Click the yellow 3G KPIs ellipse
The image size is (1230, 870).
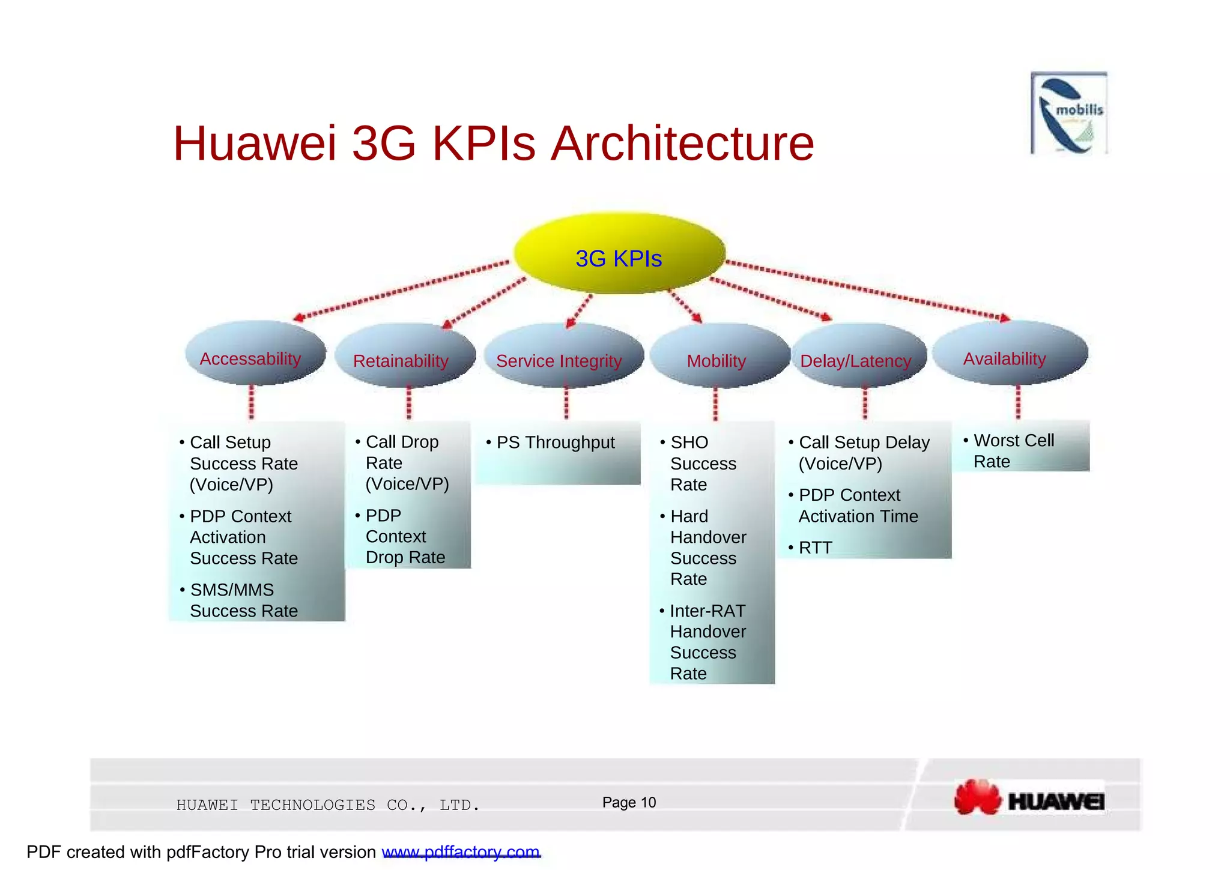point(619,253)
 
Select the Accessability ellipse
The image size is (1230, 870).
point(255,354)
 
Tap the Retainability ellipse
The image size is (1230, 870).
point(404,356)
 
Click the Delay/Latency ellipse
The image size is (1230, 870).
point(858,356)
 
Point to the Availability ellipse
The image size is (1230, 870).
point(1010,354)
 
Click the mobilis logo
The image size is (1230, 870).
point(1069,113)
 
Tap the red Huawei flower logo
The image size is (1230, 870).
point(978,797)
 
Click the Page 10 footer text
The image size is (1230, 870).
point(629,803)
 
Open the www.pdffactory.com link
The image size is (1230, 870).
point(461,852)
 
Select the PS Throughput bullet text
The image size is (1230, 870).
point(556,443)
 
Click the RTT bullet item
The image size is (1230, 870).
point(815,548)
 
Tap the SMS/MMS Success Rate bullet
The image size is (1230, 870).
point(244,600)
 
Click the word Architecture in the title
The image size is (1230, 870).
point(682,143)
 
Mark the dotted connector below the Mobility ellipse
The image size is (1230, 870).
point(715,404)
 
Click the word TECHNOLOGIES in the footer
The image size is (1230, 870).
point(312,805)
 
